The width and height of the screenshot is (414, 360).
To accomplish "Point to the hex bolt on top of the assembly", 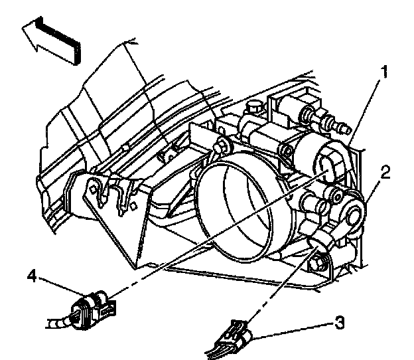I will [x=253, y=106].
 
